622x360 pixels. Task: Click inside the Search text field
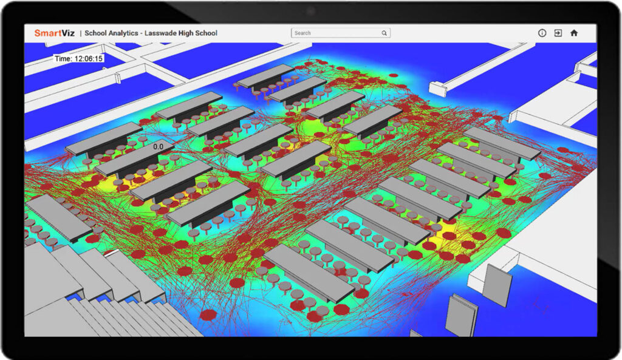[334, 33]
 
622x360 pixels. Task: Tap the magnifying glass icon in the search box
[384, 33]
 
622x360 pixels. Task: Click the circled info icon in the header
[542, 33]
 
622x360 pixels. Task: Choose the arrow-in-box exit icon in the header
[558, 33]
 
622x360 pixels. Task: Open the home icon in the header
[573, 33]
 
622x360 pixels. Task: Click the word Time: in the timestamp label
[63, 59]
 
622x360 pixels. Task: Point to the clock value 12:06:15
[88, 59]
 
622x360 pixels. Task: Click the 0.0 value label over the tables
[158, 146]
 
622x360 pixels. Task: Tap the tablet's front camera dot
[310, 10]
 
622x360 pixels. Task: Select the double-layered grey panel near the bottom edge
[460, 315]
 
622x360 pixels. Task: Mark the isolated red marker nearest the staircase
[208, 315]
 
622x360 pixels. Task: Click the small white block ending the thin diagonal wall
[437, 87]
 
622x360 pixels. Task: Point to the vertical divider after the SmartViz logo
[80, 33]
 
